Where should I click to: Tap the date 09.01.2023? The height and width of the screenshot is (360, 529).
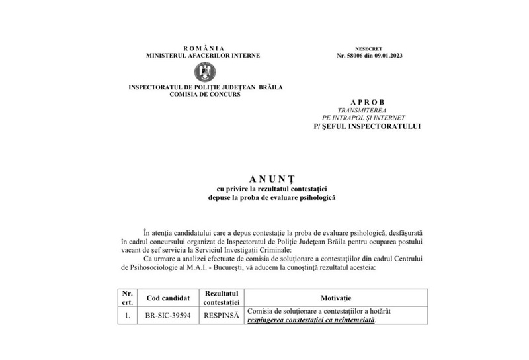pos(392,56)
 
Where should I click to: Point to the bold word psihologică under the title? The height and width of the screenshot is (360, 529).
pos(304,197)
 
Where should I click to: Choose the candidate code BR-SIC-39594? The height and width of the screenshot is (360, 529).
pos(169,316)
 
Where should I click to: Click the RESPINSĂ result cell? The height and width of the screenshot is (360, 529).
pos(221,316)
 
